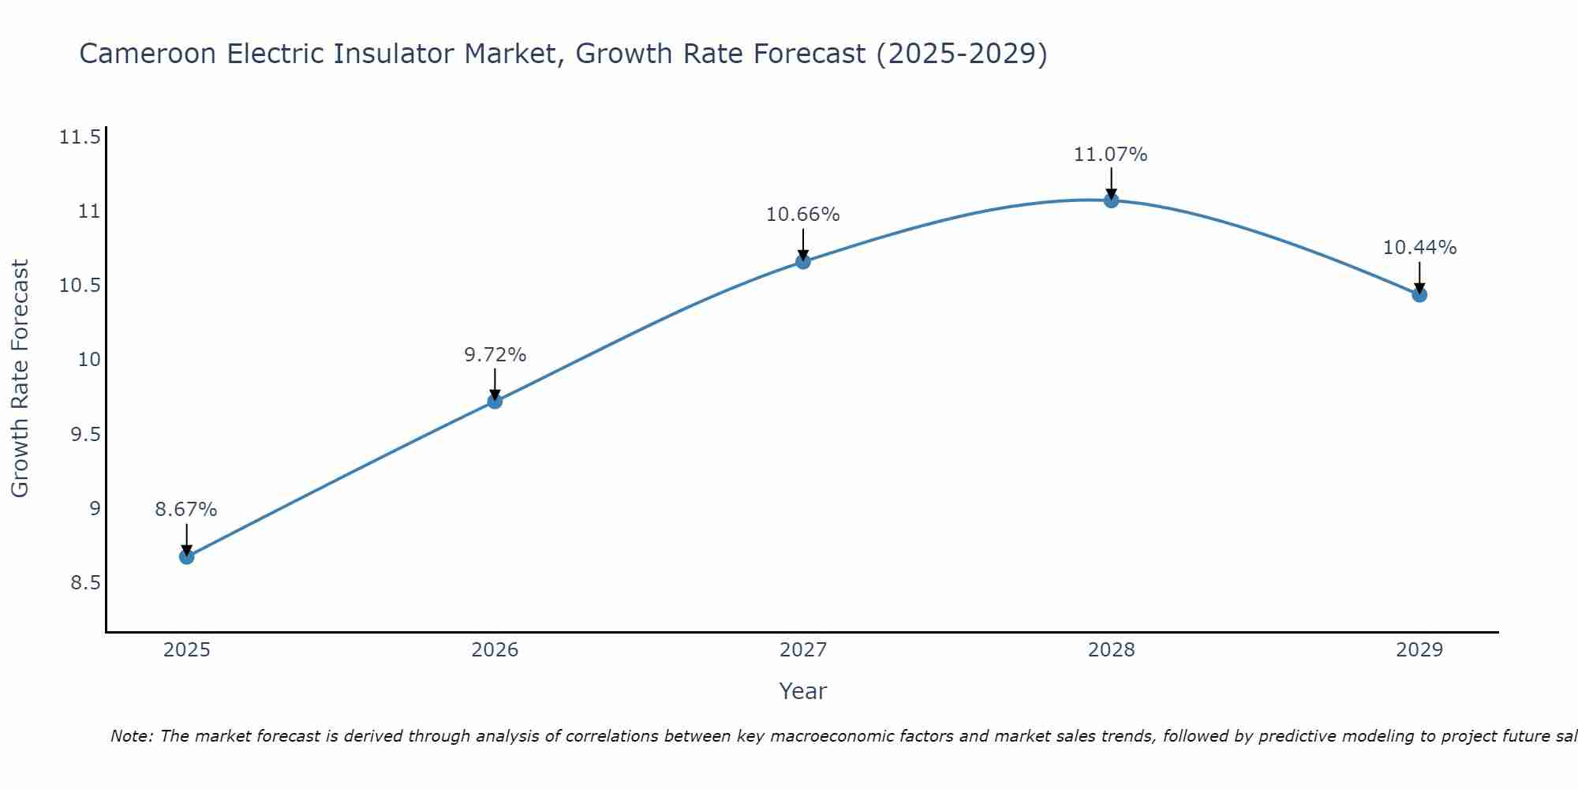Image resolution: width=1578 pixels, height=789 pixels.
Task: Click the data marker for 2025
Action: click(x=186, y=557)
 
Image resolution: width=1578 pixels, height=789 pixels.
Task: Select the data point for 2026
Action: click(x=495, y=402)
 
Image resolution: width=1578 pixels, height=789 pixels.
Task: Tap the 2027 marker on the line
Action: click(x=803, y=262)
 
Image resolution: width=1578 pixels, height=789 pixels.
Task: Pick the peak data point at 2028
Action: click(x=1111, y=200)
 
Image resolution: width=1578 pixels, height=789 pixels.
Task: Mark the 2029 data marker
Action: click(x=1419, y=295)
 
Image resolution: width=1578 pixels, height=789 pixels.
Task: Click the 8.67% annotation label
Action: click(x=185, y=510)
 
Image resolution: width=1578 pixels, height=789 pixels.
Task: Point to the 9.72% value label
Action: click(x=495, y=355)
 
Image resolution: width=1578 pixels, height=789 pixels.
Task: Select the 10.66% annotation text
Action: click(x=803, y=215)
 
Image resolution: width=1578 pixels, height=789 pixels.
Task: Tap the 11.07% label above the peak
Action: click(x=1110, y=155)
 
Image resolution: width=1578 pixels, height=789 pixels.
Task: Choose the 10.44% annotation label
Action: click(x=1419, y=248)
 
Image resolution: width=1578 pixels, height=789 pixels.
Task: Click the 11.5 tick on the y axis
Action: click(x=80, y=138)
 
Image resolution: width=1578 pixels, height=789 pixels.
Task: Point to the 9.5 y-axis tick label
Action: click(x=85, y=435)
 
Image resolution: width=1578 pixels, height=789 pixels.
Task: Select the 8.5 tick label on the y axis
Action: click(x=85, y=583)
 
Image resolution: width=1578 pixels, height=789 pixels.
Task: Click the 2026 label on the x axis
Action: click(x=495, y=650)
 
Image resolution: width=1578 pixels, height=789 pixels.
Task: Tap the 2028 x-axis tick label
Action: click(x=1111, y=650)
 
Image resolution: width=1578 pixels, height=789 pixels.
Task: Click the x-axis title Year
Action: click(x=802, y=691)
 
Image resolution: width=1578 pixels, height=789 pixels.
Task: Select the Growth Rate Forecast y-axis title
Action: click(x=21, y=379)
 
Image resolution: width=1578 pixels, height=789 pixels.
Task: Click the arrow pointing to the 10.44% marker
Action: click(x=1419, y=276)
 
